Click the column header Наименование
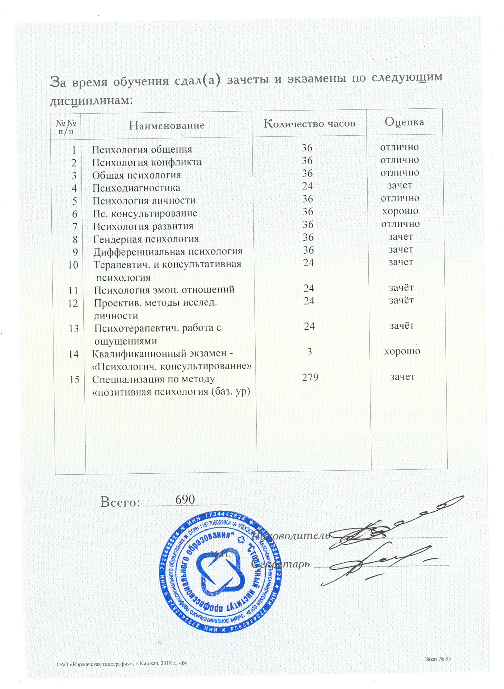(x=167, y=125)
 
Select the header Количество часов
(x=309, y=124)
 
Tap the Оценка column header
(x=404, y=122)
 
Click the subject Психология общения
(x=142, y=149)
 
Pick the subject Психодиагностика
(x=136, y=188)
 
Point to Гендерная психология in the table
(x=146, y=239)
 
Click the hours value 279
(x=310, y=377)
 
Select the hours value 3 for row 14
(x=309, y=352)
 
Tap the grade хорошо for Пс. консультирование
(x=400, y=211)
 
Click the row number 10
(x=73, y=265)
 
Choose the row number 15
(x=74, y=380)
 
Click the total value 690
(x=185, y=500)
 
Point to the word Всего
(x=120, y=502)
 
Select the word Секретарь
(x=280, y=564)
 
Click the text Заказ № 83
(x=438, y=659)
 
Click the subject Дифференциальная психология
(x=168, y=252)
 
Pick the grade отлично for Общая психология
(x=400, y=173)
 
